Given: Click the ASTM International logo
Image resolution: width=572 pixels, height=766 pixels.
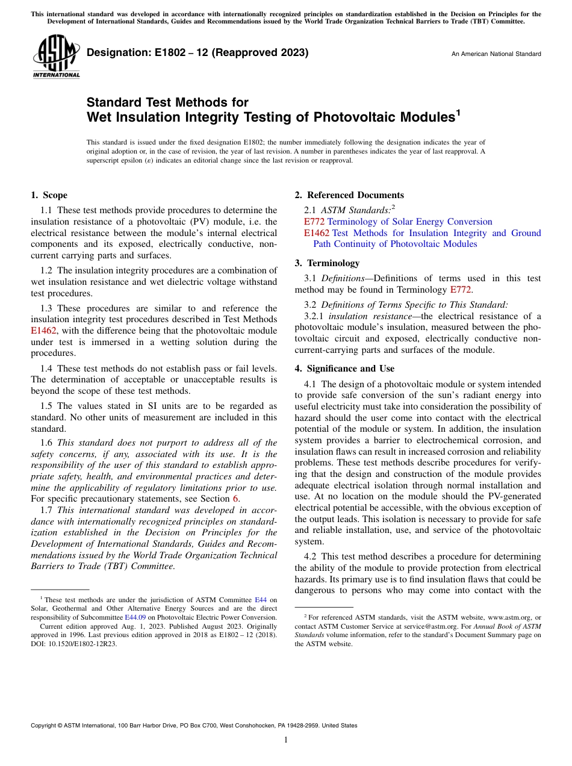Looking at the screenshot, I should [x=55, y=57].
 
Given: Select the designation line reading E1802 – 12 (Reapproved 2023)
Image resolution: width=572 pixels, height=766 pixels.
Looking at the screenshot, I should [x=197, y=53].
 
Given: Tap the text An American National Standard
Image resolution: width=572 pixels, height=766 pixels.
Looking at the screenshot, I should [x=496, y=54].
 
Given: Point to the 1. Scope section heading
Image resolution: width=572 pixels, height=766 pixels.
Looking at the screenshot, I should [x=49, y=195].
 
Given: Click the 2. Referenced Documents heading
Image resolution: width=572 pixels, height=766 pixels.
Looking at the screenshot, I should [x=349, y=195].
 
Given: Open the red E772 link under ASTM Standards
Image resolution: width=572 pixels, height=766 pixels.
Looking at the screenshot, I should [x=314, y=222].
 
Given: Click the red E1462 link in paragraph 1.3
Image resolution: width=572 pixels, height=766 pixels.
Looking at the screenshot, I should [x=43, y=331].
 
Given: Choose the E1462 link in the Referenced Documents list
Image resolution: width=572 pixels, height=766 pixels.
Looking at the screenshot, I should [x=317, y=233].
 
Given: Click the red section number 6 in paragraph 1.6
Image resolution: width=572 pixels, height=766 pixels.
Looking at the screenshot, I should [x=235, y=499].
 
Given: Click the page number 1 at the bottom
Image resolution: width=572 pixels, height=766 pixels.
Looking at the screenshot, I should [x=286, y=740].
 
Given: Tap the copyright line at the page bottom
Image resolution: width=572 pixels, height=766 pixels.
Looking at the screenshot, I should [x=193, y=726].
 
